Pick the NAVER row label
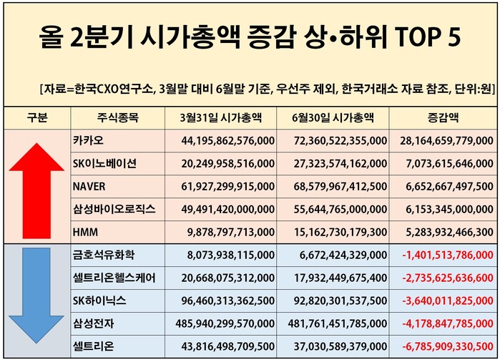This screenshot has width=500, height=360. pyautogui.click(x=89, y=186)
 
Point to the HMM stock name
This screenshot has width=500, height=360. pyautogui.click(x=85, y=233)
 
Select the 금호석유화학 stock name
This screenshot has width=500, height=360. pyautogui.click(x=103, y=256)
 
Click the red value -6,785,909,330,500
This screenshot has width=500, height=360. pyautogui.click(x=447, y=347)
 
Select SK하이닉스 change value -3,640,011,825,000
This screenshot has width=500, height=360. pyautogui.click(x=447, y=301)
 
